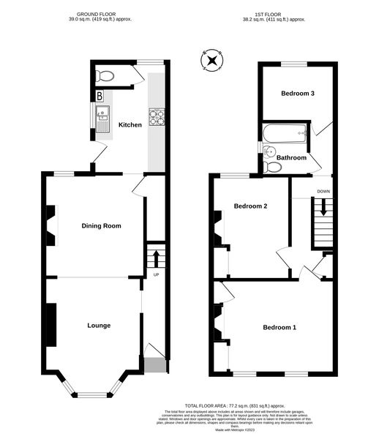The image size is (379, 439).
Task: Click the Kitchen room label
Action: (130, 125)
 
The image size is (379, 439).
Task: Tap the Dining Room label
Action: (101, 226)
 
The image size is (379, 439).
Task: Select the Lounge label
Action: (99, 325)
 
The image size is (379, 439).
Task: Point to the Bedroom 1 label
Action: (279, 327)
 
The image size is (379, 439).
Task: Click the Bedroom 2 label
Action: (250, 206)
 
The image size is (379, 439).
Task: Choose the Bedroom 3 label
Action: (298, 93)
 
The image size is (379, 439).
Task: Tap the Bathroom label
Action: (290, 157)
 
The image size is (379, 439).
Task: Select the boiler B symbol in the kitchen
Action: (100, 96)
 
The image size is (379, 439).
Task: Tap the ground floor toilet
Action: (105, 75)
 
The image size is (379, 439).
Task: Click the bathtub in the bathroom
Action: (285, 134)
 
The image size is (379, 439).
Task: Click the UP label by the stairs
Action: (156, 275)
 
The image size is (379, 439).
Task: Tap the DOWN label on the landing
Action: (323, 192)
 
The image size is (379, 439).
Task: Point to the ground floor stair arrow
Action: (155, 258)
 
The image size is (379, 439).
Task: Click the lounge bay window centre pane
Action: (92, 394)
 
